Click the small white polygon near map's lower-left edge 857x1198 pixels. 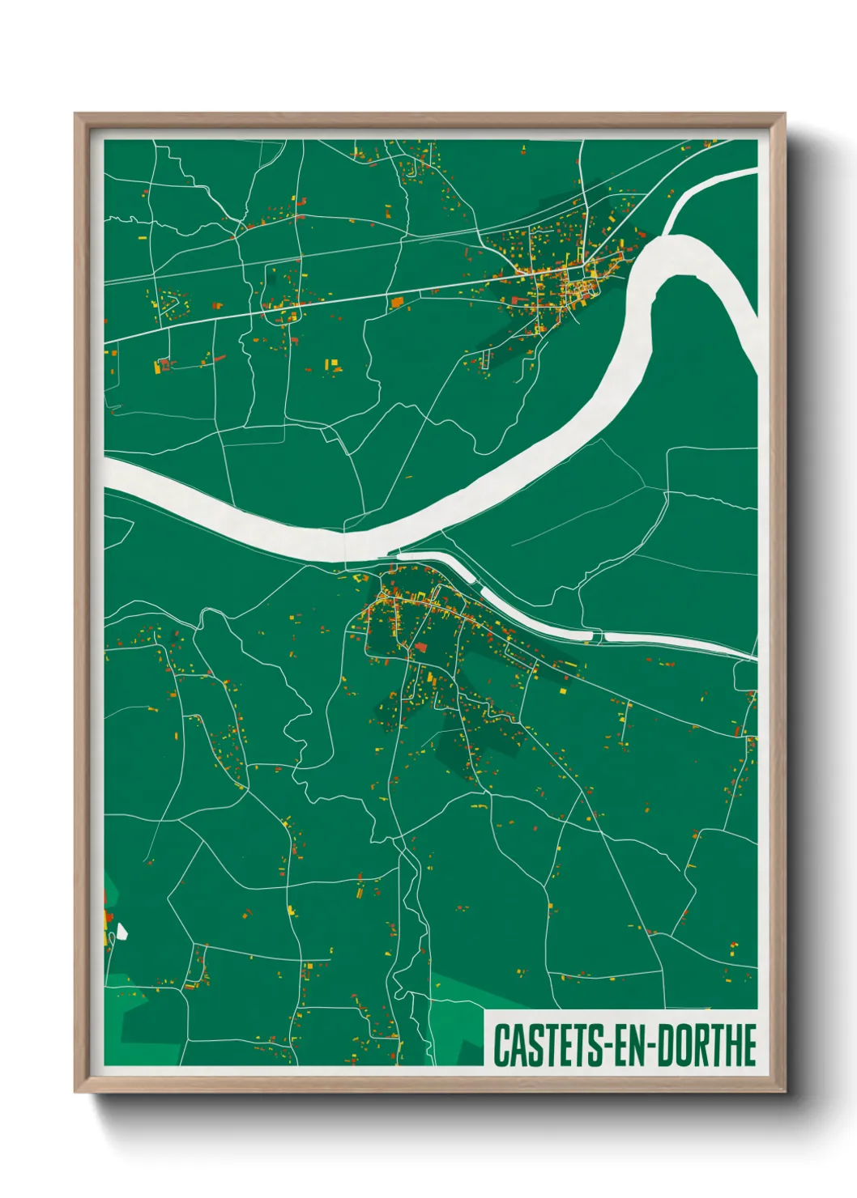point(122,932)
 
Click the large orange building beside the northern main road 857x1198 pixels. point(397,303)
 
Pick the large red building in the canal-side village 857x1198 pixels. point(420,648)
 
